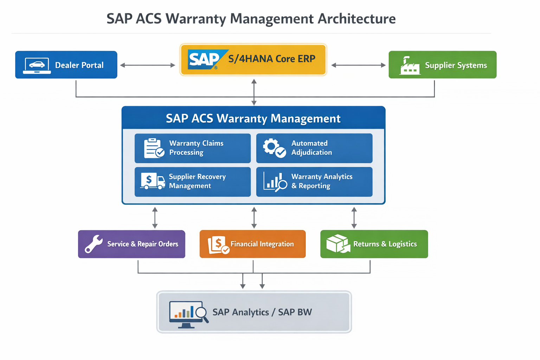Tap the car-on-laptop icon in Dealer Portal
coord(37,65)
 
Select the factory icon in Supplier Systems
coord(410,66)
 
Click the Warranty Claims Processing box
coord(192,148)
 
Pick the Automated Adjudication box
coord(314,148)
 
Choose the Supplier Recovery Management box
coord(192,181)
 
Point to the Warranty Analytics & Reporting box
coord(314,181)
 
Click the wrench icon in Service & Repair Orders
coord(94,244)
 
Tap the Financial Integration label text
coord(262,244)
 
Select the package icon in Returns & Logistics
coord(338,244)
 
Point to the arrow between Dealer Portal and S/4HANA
coord(148,65)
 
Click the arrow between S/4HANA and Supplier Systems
coord(358,65)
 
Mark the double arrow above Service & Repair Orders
coord(155,218)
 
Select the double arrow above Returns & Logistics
coord(354,218)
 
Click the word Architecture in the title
coord(356,19)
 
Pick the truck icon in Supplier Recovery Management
coord(153,181)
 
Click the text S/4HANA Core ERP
coord(272,59)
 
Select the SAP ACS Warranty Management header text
coord(253,118)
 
